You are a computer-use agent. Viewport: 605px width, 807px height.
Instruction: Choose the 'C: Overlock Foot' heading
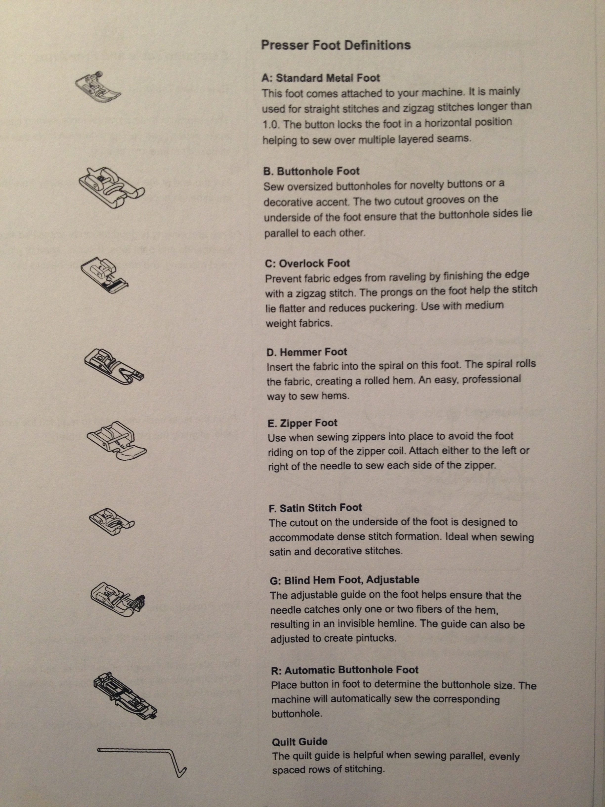307,263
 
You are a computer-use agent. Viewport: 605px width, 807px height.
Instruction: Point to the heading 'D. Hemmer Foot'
307,352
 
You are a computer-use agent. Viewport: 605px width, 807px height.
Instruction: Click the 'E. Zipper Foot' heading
302,423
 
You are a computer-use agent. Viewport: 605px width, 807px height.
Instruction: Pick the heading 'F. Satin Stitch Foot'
315,508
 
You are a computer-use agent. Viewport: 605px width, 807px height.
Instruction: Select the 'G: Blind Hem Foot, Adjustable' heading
345,580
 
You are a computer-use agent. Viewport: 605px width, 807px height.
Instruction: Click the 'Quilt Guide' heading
300,742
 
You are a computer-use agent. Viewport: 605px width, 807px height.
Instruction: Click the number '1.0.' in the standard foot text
271,125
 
